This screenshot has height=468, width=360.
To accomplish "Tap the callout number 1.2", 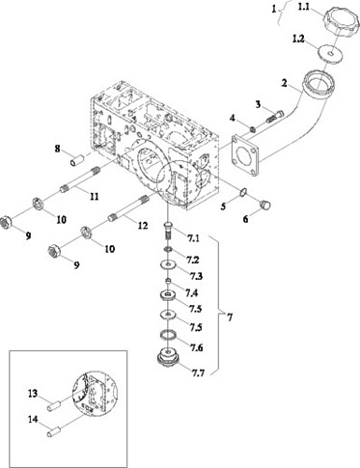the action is [x=298, y=40].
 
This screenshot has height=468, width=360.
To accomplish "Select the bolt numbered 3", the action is [x=276, y=117].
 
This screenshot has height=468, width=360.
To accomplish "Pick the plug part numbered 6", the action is [x=265, y=204].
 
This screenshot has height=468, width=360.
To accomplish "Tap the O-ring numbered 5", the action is [x=242, y=192].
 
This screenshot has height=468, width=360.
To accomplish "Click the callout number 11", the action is [x=94, y=196].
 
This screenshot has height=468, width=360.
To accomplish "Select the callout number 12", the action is [x=143, y=226].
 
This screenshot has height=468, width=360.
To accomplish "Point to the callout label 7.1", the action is [x=193, y=239].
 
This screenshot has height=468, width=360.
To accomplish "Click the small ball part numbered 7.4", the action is [x=168, y=281].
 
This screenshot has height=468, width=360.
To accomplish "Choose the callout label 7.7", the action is [x=198, y=373].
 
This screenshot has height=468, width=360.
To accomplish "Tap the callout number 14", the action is [x=33, y=420].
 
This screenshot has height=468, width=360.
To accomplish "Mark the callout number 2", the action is [x=284, y=83].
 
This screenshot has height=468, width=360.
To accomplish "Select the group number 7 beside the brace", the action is [x=229, y=317].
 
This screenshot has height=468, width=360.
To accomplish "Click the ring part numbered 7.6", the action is [x=168, y=335].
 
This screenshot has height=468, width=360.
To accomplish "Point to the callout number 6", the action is [x=245, y=219].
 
